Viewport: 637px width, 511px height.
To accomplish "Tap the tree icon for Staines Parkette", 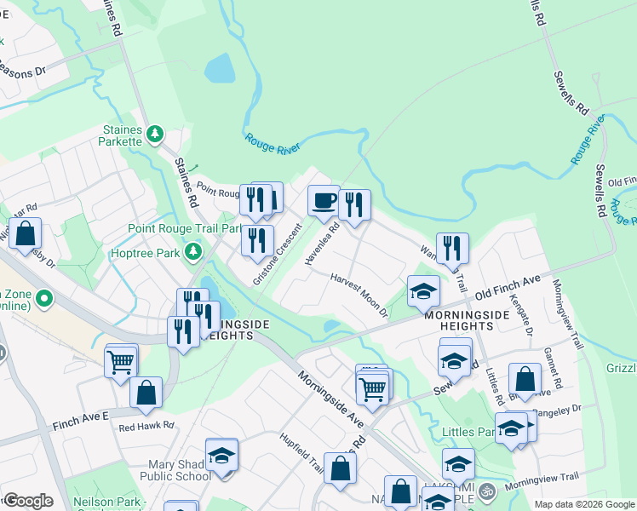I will tap(154, 135).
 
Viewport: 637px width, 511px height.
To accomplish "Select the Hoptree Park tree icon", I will tap(194, 252).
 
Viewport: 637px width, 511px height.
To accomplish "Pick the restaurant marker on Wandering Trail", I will tap(452, 248).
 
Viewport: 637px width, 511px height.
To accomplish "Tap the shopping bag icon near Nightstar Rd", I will tap(26, 233).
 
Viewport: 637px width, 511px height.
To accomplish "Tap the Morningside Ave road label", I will tap(331, 399).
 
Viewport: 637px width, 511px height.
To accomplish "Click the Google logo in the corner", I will tap(27, 500).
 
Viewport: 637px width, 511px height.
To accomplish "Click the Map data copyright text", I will tap(583, 504).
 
